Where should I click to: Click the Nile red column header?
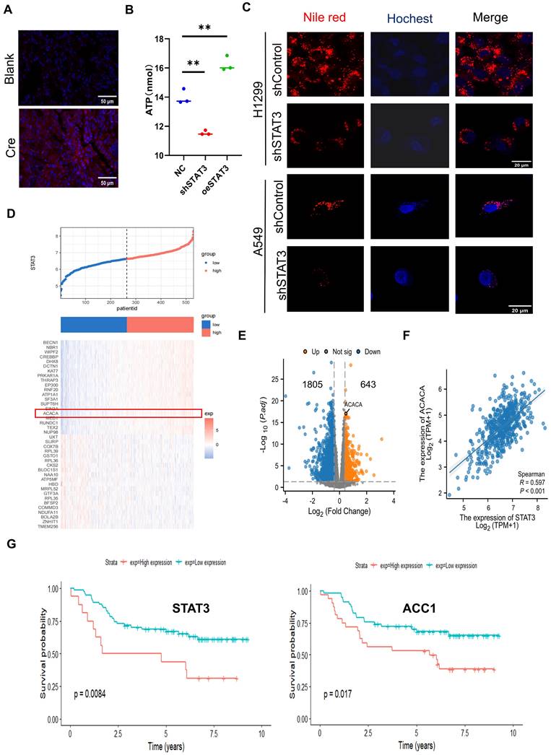click(315, 18)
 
